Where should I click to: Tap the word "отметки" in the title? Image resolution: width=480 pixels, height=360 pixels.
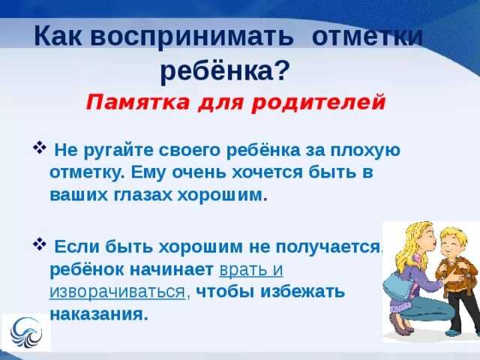click(x=367, y=36)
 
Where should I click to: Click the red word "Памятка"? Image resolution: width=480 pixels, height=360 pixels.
click(x=138, y=103)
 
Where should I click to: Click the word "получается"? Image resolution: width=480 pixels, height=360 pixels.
click(x=328, y=247)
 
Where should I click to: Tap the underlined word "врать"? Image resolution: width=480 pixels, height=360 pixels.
click(x=242, y=270)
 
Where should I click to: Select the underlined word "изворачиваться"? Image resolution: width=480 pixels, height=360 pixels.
click(x=118, y=292)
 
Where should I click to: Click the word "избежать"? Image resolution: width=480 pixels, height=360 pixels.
click(x=303, y=292)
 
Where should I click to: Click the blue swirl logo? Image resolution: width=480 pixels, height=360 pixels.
click(x=25, y=333)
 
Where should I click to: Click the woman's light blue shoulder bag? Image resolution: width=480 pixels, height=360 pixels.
click(x=397, y=289)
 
